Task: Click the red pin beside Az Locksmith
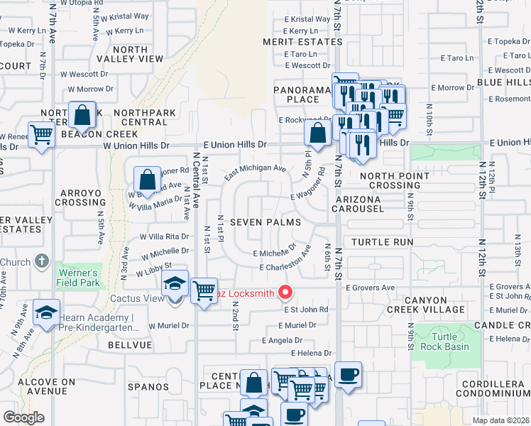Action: coord(285,292)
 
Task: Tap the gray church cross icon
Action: coord(42,262)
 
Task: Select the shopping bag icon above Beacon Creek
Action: coord(82,114)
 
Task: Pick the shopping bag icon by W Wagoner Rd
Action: coord(147,179)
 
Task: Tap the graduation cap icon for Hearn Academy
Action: coord(46,312)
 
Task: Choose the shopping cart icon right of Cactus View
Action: coord(204,290)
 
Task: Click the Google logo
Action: coord(23,417)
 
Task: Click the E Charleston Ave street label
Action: coord(285,259)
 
